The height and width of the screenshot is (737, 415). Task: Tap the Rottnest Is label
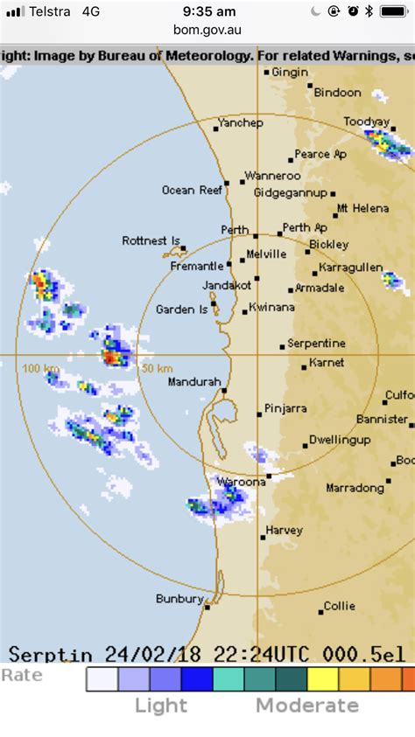pos(151,240)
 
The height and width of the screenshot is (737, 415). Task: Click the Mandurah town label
pos(193,381)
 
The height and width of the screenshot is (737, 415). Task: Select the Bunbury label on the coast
pos(179,599)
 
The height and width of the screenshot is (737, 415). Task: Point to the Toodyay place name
pos(366,122)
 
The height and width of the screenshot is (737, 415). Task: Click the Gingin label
pos(290,72)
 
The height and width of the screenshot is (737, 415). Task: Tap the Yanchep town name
pos(240,122)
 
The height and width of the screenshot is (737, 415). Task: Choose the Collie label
pos(339,605)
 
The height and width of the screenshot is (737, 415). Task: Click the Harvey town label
pos(284,530)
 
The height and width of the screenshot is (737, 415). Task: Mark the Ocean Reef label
pos(192,190)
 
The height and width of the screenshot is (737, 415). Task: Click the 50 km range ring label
pos(157,368)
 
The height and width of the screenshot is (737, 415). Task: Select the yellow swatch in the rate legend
pos(321,679)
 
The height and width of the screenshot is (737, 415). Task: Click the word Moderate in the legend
pos(306,706)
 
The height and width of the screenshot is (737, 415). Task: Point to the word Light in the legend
pos(161,706)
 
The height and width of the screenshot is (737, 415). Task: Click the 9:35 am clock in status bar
pos(207,11)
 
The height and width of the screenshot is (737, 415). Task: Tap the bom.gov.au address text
pos(207,30)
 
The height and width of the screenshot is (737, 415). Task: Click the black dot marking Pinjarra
pos(259,414)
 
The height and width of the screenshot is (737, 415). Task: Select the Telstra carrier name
pos(52,11)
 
